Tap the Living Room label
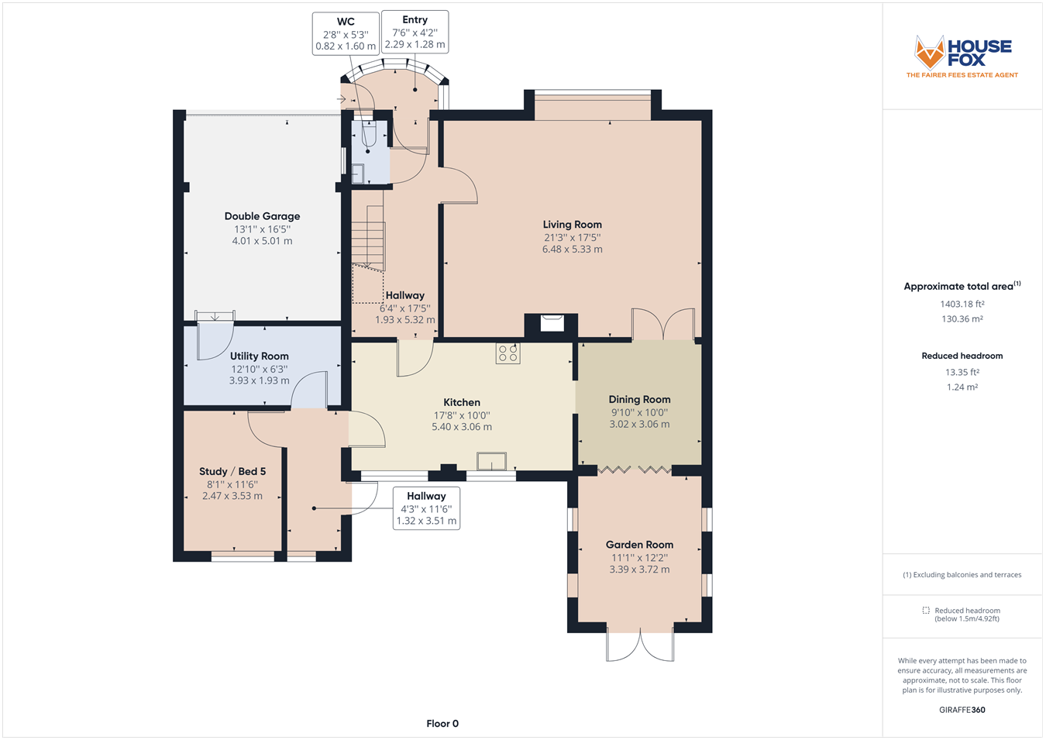572,225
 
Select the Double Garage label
262,216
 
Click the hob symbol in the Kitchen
508,353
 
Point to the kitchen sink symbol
491,461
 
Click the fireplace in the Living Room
552,324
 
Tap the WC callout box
346,33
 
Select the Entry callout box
415,32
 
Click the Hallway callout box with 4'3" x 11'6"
426,508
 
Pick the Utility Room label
259,356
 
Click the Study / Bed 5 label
232,472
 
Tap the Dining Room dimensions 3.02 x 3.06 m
639,425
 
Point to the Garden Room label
639,545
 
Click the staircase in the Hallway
369,238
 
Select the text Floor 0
442,724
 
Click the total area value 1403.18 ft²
962,304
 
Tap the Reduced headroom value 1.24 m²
962,387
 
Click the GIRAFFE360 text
962,710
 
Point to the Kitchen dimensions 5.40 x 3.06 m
461,427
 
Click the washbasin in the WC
358,174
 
